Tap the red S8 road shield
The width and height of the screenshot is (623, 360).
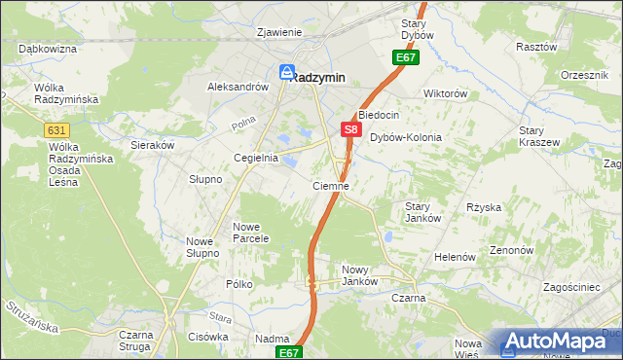coord(351,128)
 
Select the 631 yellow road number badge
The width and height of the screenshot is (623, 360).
coord(56,128)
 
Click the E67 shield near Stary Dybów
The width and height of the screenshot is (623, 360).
coord(406,58)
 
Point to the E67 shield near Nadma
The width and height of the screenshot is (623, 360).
coord(288,352)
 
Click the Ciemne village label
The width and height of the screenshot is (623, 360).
coord(330,185)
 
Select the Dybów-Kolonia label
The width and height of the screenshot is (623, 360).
coord(405,137)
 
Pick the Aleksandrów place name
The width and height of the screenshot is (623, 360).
coord(238,87)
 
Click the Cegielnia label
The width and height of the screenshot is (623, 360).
coord(255,158)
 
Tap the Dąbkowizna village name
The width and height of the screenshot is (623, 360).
coord(47,48)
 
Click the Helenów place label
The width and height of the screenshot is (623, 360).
coord(455,257)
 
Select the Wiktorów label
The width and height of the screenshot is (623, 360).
coord(446,94)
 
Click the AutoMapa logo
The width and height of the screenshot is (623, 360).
coord(560,342)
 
